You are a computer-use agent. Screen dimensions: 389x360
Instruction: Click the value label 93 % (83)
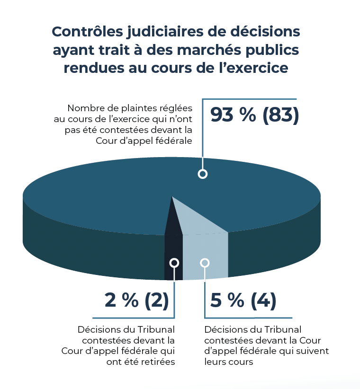tap(255, 115)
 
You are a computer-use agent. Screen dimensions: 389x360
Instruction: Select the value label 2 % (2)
tap(136, 301)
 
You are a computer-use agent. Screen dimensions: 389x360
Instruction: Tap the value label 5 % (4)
tap(243, 301)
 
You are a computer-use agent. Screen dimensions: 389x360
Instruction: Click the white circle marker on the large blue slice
tap(203, 174)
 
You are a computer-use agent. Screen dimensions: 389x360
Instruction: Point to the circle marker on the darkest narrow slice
tap(174, 262)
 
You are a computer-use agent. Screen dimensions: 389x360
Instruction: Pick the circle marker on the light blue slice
tap(205, 262)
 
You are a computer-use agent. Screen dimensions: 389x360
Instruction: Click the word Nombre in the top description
tap(84, 107)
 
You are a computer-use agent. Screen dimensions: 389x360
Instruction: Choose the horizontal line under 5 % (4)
tap(248, 318)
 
